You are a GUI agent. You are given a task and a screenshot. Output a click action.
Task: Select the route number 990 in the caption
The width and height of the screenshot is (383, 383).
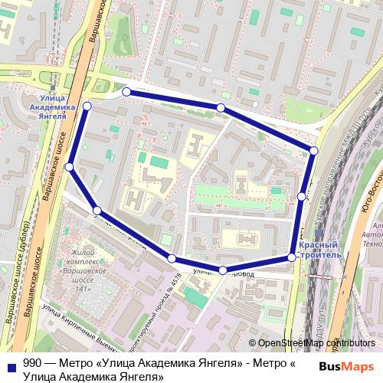tap(32, 365)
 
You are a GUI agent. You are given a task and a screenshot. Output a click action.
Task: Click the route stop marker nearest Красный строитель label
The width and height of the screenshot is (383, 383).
tap(292, 257)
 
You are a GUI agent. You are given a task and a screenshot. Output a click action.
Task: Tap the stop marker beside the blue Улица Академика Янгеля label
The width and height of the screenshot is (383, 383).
tap(87, 106)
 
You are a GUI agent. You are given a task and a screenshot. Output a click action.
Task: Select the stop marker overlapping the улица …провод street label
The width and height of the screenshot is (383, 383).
tap(222, 270)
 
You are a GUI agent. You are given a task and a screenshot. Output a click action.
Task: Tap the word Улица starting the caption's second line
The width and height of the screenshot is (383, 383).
tap(38, 377)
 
